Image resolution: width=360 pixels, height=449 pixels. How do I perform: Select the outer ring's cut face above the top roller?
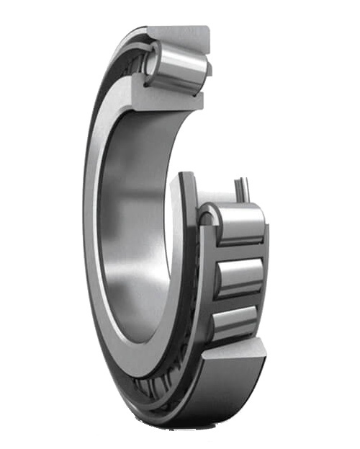coord(180,34)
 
